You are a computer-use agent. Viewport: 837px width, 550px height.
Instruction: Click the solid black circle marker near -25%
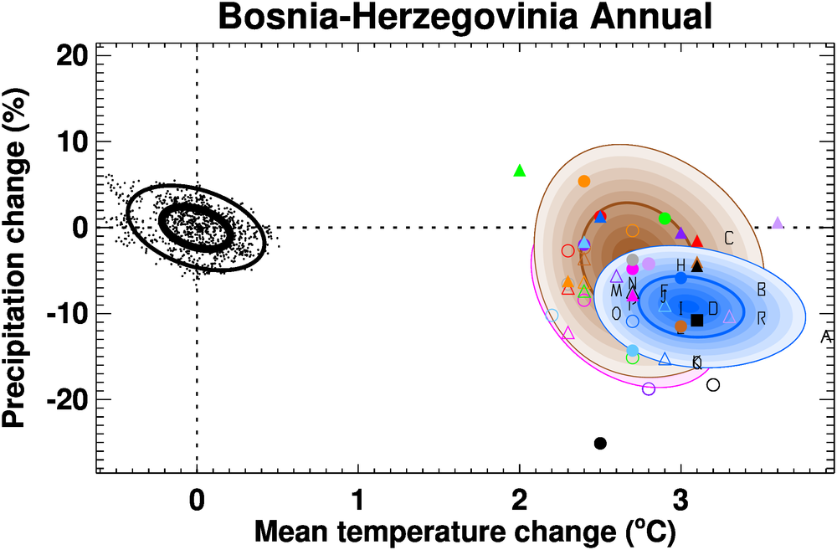coord(600,443)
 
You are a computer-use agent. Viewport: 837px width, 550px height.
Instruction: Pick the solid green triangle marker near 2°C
coord(519,171)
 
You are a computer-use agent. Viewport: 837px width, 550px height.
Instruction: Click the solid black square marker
coord(696,320)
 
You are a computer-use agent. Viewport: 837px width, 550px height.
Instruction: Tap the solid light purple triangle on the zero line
coord(778,223)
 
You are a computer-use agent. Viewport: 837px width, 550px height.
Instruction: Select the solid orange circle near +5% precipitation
coord(584,181)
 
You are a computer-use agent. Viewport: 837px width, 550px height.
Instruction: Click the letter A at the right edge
coord(825,337)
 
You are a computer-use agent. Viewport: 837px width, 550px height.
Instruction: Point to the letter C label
coord(728,239)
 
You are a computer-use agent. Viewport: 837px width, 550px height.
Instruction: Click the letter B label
coord(762,290)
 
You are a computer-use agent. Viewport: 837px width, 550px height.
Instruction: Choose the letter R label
coord(762,318)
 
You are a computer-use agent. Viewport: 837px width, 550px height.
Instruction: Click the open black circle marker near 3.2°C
coord(713,385)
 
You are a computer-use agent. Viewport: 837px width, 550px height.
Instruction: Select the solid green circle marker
coord(665,218)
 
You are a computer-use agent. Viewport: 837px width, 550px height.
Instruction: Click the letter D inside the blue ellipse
coord(713,309)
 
